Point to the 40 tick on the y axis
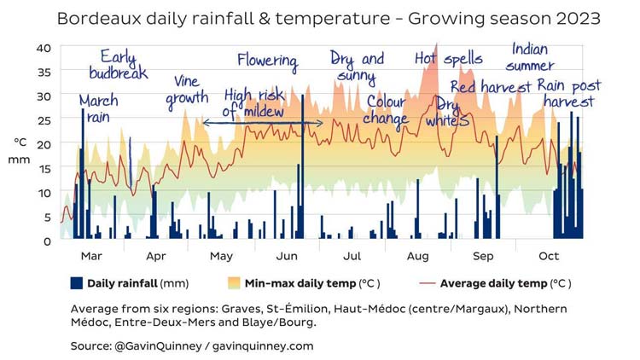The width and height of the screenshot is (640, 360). point(44,48)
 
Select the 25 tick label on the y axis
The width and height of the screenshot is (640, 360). point(44,120)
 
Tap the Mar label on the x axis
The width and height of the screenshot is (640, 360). point(91,256)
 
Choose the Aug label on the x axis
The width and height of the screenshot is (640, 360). point(417,256)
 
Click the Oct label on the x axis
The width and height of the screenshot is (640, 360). point(549,256)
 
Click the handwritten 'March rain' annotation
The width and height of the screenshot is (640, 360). point(98,108)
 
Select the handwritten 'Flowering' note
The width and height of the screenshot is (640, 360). point(267,61)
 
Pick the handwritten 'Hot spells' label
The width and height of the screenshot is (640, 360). point(448,60)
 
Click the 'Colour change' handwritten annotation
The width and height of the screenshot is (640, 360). point(387,110)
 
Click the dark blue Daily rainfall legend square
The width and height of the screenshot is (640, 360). point(76,283)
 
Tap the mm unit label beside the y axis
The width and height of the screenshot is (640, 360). point(20,160)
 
